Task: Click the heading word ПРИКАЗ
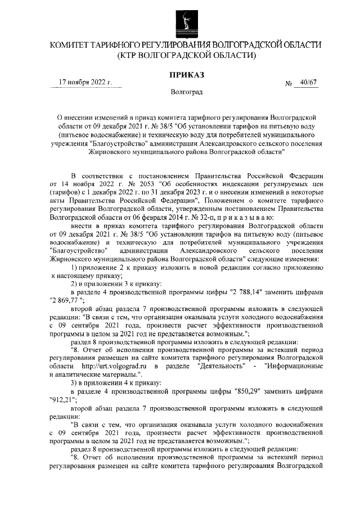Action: coord(186,74)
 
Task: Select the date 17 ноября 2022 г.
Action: coord(86,83)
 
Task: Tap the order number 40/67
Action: coord(309,83)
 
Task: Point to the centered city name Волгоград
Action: coord(186,91)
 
